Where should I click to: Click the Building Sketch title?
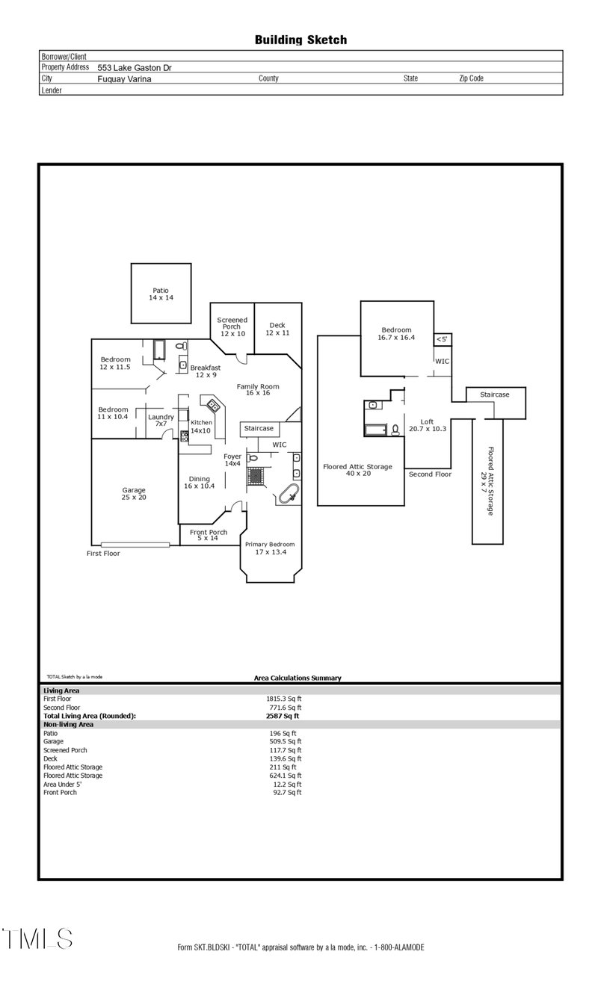pyautogui.click(x=300, y=40)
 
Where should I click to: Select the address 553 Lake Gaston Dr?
pyautogui.click(x=135, y=67)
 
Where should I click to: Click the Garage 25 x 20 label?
pyautogui.click(x=134, y=493)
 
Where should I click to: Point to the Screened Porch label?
pyautogui.click(x=232, y=327)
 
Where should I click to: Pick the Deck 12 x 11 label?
pyautogui.click(x=277, y=329)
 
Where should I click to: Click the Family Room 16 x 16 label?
pyautogui.click(x=258, y=389)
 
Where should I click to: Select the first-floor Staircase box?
pyautogui.click(x=259, y=429)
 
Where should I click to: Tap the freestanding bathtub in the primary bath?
pyautogui.click(x=288, y=494)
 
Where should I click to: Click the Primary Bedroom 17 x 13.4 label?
pyautogui.click(x=270, y=548)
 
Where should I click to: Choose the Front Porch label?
pyautogui.click(x=209, y=535)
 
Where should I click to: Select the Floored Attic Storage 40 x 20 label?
pyautogui.click(x=357, y=469)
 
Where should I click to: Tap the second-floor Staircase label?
pyautogui.click(x=495, y=394)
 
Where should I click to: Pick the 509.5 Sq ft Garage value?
pyautogui.click(x=285, y=742)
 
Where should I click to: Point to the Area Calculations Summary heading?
pyautogui.click(x=298, y=678)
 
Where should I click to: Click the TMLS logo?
pyautogui.click(x=37, y=938)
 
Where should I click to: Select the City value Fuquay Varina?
pyautogui.click(x=124, y=78)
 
